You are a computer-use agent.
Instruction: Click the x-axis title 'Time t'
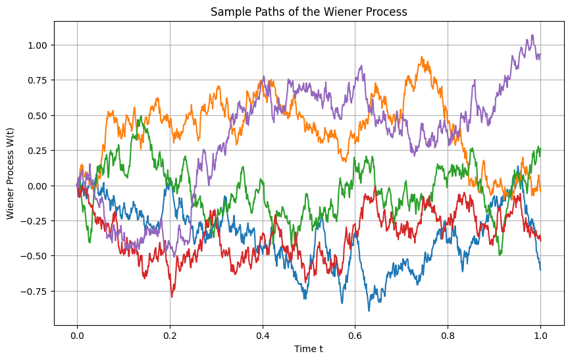pyautogui.click(x=308, y=349)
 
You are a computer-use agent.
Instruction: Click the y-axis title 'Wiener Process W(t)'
pyautogui.click(x=11, y=172)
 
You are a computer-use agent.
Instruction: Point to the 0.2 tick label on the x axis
pyautogui.click(x=170, y=334)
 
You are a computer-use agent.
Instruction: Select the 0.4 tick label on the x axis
pyautogui.click(x=263, y=334)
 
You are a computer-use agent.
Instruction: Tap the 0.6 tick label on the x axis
pyautogui.click(x=355, y=334)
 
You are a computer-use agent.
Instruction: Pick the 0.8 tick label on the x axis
pyautogui.click(x=448, y=334)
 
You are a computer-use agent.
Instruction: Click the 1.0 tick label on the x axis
pyautogui.click(x=540, y=334)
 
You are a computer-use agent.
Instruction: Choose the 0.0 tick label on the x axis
pyautogui.click(x=77, y=334)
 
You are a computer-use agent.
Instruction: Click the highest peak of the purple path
pyautogui.click(x=532, y=36)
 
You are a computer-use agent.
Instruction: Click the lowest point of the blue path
pyautogui.click(x=369, y=310)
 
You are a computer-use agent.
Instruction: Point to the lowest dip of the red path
pyautogui.click(x=172, y=297)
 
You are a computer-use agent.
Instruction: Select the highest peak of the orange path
pyautogui.click(x=423, y=57)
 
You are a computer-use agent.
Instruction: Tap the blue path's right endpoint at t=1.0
pyautogui.click(x=540, y=269)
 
